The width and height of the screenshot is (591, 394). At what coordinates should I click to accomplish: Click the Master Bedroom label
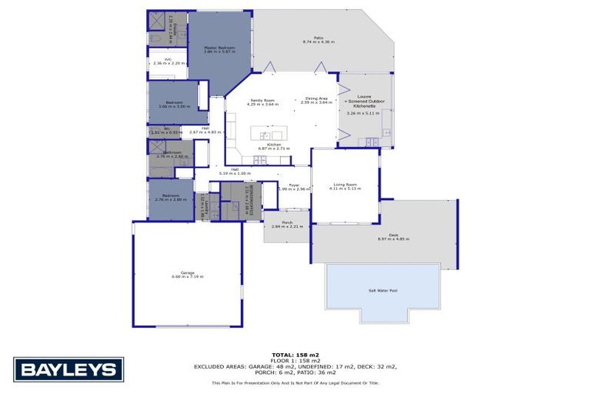click(x=219, y=48)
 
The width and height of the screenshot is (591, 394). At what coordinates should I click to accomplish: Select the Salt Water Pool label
click(x=382, y=291)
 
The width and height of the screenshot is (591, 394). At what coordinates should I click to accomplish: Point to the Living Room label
click(x=344, y=184)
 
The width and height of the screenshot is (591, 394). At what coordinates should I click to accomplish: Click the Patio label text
click(x=318, y=37)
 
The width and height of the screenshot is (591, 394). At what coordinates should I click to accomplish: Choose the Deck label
click(x=393, y=235)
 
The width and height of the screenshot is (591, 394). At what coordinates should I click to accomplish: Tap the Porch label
click(x=287, y=222)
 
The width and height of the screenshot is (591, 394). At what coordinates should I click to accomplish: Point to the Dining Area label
click(x=316, y=98)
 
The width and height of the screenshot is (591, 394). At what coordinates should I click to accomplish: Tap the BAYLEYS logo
click(x=68, y=369)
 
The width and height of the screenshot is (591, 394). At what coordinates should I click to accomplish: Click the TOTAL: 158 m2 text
click(x=295, y=353)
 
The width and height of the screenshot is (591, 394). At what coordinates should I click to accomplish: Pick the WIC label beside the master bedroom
click(x=157, y=59)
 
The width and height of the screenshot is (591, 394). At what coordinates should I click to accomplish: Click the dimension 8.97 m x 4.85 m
click(x=393, y=240)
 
